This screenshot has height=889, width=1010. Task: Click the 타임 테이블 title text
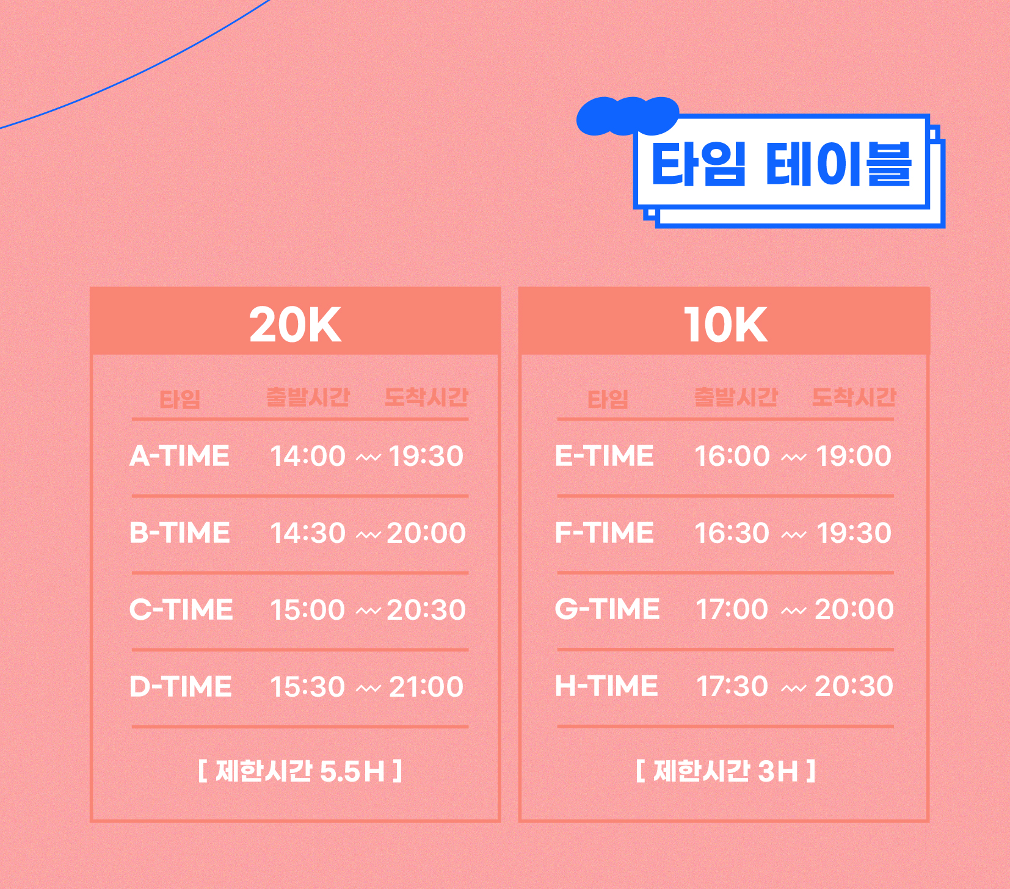point(781,164)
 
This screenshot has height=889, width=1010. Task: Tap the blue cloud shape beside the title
point(627,115)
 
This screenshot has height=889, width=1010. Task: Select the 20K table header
point(295,324)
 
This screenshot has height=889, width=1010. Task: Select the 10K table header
point(725,324)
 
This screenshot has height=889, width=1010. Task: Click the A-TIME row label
point(180,456)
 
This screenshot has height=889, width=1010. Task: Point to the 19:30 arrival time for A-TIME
point(426,456)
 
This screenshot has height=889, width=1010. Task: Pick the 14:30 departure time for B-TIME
point(308,533)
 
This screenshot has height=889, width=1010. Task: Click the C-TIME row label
point(181,610)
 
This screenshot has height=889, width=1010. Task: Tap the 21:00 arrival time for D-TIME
point(426,687)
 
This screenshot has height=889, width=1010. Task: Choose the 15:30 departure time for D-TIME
point(308,687)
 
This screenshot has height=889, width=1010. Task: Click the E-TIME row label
point(605,456)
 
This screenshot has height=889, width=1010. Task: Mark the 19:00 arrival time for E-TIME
point(854,456)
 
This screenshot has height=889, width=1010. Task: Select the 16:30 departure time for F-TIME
point(732,533)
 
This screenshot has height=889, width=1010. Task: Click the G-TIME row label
point(607,609)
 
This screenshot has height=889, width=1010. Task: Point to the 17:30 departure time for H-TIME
point(732,686)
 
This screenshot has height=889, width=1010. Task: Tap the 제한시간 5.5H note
point(300,771)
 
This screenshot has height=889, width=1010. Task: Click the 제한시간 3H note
point(725,771)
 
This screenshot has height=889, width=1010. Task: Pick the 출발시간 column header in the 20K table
point(308,397)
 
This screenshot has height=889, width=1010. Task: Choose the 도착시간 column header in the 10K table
point(854,397)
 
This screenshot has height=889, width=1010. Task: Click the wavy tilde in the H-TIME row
point(793,689)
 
